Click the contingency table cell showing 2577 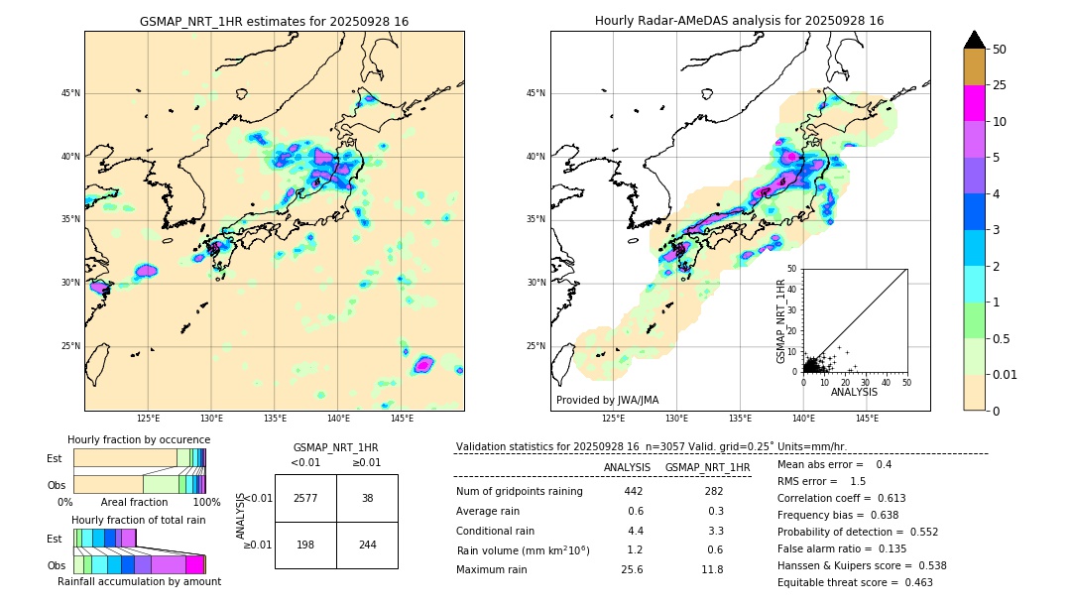[305, 498]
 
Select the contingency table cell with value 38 [367, 498]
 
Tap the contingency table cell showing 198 [305, 545]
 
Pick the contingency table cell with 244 [367, 545]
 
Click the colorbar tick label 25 [1000, 85]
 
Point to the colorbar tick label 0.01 [1006, 374]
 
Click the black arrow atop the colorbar [975, 40]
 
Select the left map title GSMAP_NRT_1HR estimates [274, 21]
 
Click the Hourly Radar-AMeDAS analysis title [739, 21]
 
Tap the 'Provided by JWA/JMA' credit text [607, 401]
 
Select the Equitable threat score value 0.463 [912, 582]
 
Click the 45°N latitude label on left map [70, 93]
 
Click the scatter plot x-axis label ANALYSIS [854, 393]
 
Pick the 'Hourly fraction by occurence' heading [139, 439]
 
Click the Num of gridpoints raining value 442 [634, 492]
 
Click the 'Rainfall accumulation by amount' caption [139, 582]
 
